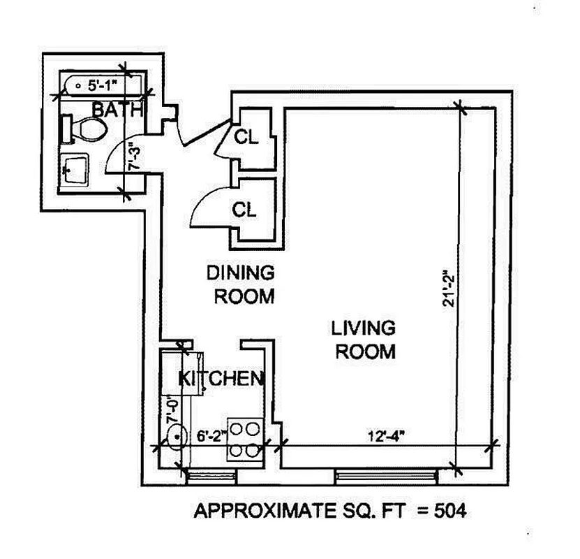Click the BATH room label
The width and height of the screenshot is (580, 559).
[x=118, y=110]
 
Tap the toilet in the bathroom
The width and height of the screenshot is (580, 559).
[x=87, y=129]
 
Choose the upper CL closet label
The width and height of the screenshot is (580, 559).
[x=246, y=137]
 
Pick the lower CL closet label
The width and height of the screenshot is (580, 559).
[x=244, y=209]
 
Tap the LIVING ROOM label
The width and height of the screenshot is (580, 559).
[x=364, y=339]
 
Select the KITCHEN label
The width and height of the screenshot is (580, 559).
[x=221, y=379]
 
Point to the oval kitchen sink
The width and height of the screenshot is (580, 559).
[x=177, y=437]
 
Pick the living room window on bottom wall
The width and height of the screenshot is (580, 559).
[x=386, y=477]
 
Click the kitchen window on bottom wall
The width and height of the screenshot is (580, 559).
[x=212, y=477]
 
